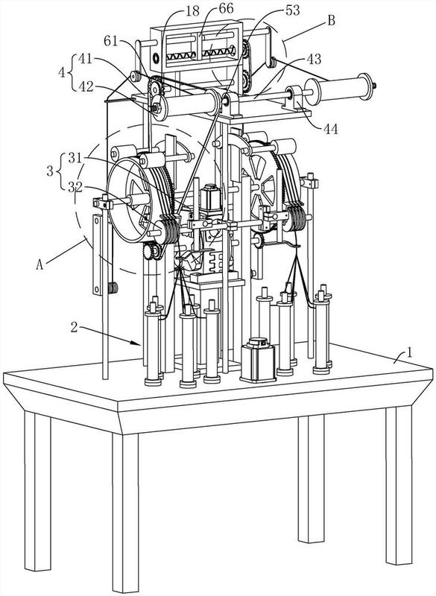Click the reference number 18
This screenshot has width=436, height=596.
point(193,10)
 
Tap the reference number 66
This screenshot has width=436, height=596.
point(226,9)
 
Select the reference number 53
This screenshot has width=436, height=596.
point(292,10)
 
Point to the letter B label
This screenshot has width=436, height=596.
point(331,21)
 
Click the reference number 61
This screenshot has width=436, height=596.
point(110,41)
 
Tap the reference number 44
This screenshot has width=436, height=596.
point(331,129)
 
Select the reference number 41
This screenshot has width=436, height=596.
point(86,59)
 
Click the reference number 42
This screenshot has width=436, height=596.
point(86,86)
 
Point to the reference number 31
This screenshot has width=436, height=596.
point(75,157)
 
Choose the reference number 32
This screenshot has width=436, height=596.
point(75,186)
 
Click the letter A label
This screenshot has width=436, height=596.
point(40,264)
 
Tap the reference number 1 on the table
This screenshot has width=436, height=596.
point(410,353)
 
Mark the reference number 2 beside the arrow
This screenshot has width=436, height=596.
point(75,326)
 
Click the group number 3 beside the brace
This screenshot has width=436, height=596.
point(50,171)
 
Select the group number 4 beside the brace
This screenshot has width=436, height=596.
point(62,72)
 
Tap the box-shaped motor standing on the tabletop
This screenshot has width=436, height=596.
point(258,360)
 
